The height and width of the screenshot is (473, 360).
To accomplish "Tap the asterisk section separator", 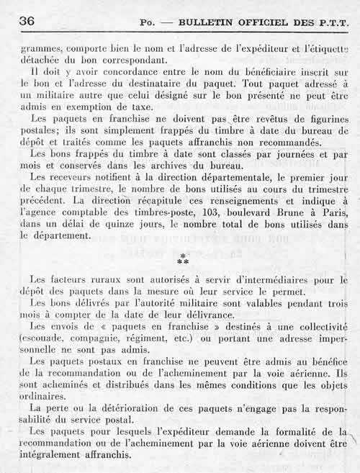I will pos(183,259).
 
